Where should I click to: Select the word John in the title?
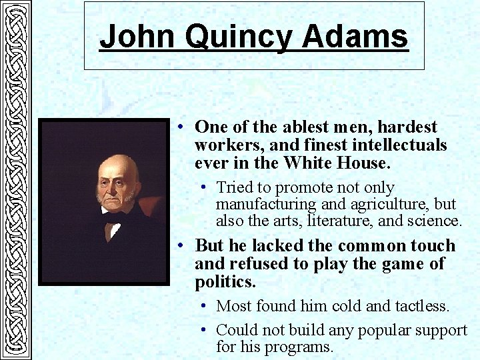[139, 37]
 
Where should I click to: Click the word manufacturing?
[269, 204]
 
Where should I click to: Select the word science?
[433, 221]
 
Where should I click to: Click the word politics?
[225, 282]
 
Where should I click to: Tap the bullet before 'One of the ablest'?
[181, 127]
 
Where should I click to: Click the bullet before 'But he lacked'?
[181, 246]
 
